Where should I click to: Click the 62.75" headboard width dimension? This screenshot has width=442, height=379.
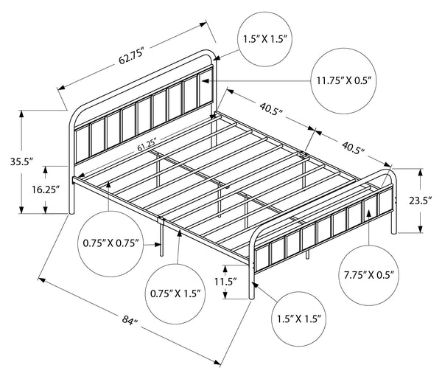[132, 57]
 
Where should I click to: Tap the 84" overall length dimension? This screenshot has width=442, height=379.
[130, 320]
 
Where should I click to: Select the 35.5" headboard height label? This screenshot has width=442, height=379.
[21, 161]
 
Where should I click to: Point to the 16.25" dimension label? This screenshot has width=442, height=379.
[46, 189]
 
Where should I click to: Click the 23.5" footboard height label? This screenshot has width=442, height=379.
[421, 201]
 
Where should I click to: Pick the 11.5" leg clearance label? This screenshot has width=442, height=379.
[225, 282]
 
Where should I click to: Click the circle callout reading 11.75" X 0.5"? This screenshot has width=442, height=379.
[343, 81]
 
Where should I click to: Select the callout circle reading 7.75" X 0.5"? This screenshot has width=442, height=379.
[369, 274]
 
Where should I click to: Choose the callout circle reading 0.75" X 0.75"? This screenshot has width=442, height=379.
[110, 243]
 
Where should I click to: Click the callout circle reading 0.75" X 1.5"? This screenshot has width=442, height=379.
[175, 293]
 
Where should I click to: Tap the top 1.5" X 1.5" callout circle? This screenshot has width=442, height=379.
[265, 39]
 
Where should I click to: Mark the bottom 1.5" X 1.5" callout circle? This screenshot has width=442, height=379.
[299, 319]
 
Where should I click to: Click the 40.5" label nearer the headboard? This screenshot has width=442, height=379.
[271, 108]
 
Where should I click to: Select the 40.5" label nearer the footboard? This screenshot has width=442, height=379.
[353, 147]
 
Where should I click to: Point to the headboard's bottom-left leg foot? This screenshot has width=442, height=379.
[71, 212]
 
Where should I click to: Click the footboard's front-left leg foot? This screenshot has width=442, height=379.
[252, 297]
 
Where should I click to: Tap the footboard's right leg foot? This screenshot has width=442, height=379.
[394, 232]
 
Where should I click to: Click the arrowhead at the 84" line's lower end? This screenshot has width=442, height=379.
[217, 363]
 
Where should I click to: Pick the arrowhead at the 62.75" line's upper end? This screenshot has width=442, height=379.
[203, 24]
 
